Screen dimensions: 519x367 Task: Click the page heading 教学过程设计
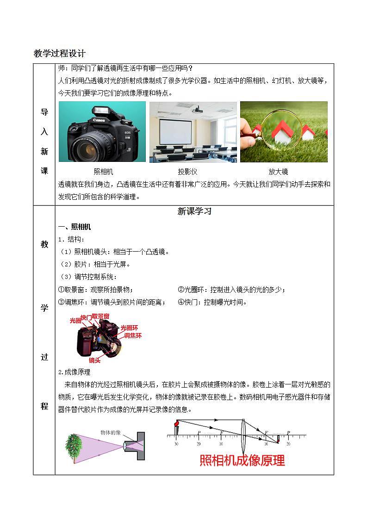coord(60,53)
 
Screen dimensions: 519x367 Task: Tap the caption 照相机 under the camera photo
coord(103,172)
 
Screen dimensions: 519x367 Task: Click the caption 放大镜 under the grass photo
coord(278,172)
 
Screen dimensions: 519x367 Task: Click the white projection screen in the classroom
coord(175,131)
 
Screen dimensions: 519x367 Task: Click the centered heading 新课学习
coord(194,211)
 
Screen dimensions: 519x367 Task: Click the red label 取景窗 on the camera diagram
coord(100,316)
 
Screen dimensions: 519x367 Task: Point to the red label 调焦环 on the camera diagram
coord(133,335)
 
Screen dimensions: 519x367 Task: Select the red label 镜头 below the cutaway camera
coord(94,360)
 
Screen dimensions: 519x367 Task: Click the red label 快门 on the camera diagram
coord(86,318)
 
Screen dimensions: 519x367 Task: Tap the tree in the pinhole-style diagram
coord(74,446)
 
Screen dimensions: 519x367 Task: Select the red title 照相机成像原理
coord(242,460)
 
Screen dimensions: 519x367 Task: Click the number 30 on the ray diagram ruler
coord(176,444)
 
